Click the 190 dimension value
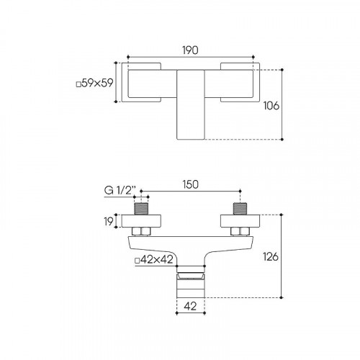coord(190,50)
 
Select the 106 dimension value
coord(271,106)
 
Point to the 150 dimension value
coord(191,184)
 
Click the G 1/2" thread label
coord(120,191)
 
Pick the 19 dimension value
coord(109,221)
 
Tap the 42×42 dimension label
coord(154,259)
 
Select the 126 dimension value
coord(271,257)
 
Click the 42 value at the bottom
coord(190,306)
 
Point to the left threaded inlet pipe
coord(141,209)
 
